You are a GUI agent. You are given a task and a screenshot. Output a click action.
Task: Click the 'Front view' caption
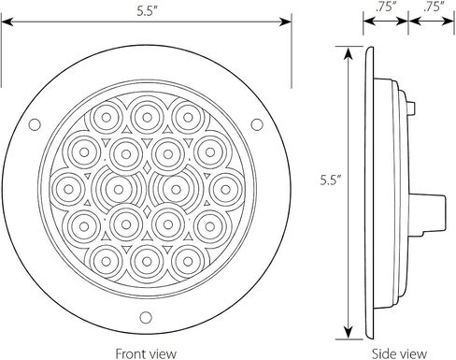click(146, 353)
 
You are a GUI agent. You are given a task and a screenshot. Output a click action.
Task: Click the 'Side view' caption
click(399, 353)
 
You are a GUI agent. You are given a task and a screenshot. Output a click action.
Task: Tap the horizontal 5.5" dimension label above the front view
click(147, 11)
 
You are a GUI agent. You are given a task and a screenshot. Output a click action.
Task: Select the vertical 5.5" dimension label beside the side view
click(331, 180)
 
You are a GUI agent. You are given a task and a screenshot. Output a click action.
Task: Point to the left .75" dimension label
click(386, 7)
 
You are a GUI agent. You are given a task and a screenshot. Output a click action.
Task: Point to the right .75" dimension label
click(434, 7)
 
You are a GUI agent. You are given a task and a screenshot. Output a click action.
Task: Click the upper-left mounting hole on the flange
click(35, 124)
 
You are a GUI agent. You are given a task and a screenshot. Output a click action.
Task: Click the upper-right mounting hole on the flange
click(257, 124)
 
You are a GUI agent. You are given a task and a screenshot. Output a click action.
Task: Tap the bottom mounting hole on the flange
click(146, 317)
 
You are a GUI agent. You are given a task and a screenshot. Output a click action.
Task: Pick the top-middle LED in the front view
click(147, 118)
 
